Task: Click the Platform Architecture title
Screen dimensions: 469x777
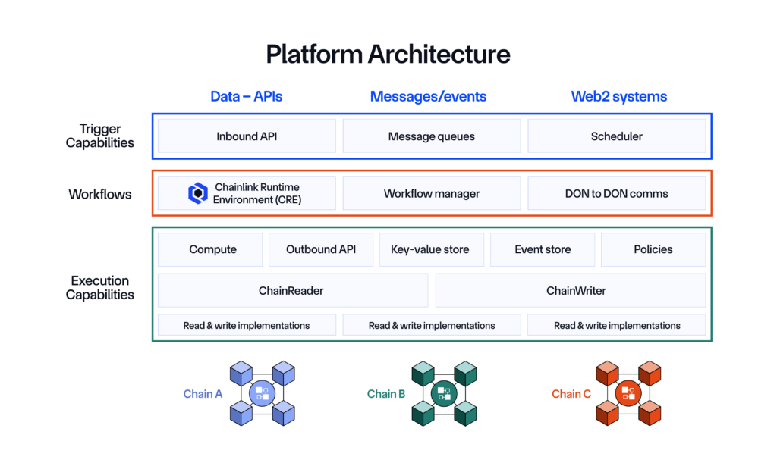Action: (x=388, y=54)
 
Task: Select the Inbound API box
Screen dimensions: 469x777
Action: (x=247, y=136)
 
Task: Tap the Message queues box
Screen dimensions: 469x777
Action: (x=431, y=136)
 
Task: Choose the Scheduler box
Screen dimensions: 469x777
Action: (x=616, y=136)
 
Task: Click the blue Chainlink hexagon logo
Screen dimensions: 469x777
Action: (x=198, y=193)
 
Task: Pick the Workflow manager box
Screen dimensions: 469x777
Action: (x=431, y=193)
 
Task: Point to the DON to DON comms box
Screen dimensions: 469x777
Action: (x=616, y=193)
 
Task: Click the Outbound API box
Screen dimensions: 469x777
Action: (x=320, y=249)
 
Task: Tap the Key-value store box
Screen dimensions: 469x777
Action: (x=430, y=249)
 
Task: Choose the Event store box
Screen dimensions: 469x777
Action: (x=543, y=249)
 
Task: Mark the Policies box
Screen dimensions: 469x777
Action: (x=653, y=249)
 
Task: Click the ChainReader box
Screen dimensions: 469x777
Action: (x=293, y=290)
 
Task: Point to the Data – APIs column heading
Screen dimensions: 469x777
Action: (x=247, y=96)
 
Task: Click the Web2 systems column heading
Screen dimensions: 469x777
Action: (x=618, y=96)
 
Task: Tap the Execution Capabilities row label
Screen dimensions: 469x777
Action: (x=100, y=288)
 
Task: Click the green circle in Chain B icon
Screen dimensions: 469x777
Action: (x=444, y=393)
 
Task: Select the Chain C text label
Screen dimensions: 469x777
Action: (x=571, y=394)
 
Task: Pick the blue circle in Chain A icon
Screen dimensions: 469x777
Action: (x=262, y=393)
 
